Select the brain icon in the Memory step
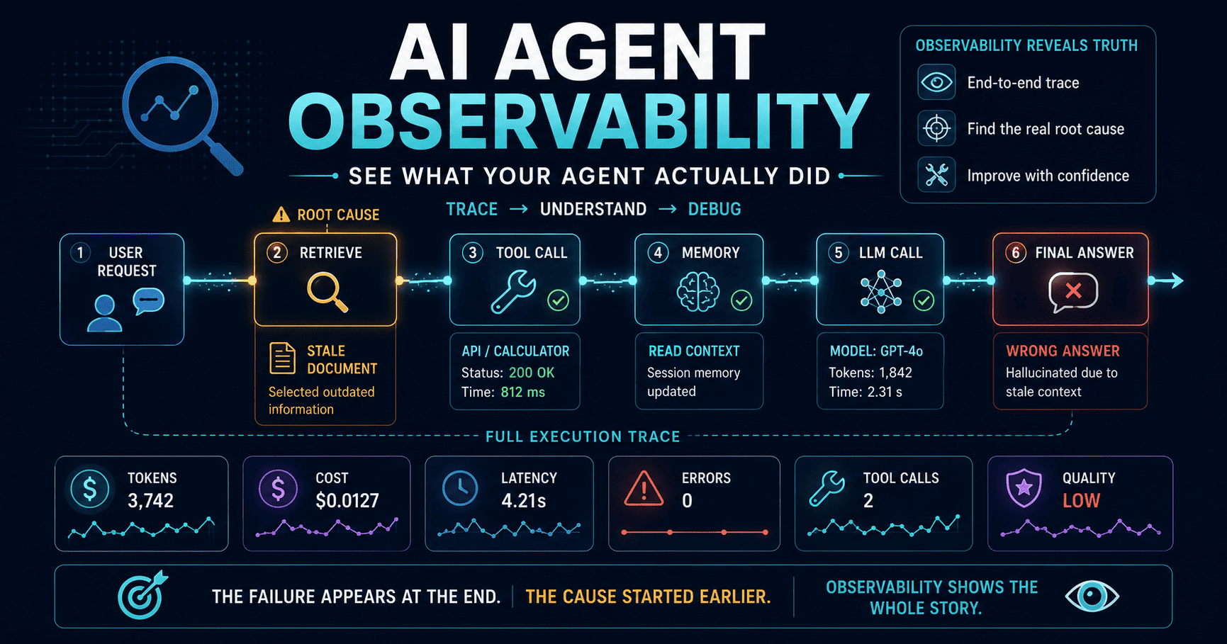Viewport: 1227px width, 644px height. (698, 292)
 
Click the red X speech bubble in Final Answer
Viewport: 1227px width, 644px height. (1073, 292)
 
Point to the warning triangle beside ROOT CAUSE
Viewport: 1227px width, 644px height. (281, 214)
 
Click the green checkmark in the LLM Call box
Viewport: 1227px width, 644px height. (924, 300)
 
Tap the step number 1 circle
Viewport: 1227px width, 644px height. (81, 253)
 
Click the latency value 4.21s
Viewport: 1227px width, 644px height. (524, 501)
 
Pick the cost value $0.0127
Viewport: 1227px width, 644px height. (347, 501)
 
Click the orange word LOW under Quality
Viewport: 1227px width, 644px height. (1081, 501)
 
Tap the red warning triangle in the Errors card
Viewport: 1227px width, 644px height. (644, 489)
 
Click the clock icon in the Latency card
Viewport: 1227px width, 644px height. (460, 488)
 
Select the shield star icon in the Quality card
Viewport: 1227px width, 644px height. (1024, 489)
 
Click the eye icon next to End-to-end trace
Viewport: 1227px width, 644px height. (936, 82)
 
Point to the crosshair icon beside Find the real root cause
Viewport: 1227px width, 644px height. (937, 129)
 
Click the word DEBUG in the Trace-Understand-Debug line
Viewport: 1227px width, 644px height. (715, 209)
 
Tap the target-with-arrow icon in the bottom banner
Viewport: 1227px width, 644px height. (142, 595)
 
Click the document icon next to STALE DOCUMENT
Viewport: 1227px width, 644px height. (282, 358)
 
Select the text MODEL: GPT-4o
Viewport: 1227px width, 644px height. (876, 351)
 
